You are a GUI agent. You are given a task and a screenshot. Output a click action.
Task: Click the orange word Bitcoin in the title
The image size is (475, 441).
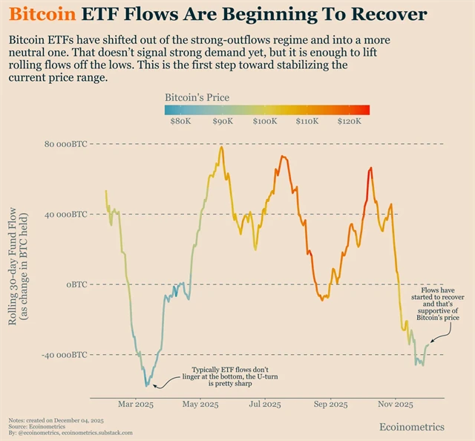tap(44, 14)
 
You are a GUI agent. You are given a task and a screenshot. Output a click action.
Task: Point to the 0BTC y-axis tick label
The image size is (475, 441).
tap(76, 285)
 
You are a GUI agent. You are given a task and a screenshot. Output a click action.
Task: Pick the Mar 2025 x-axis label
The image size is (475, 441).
tap(134, 405)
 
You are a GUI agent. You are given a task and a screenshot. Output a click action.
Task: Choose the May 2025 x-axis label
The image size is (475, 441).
tap(200, 405)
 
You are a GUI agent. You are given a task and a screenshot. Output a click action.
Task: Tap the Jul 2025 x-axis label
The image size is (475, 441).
tap(265, 405)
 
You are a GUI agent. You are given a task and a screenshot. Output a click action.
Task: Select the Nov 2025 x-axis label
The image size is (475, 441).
tap(396, 405)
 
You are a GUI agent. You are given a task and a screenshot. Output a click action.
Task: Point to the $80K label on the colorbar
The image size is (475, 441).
tap(180, 121)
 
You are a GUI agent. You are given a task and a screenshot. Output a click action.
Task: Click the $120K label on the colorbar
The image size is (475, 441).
tap(349, 121)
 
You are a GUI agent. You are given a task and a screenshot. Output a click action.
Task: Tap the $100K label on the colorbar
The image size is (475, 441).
tap(265, 121)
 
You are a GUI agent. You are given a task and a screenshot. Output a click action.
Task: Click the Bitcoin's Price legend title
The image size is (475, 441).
tap(197, 97)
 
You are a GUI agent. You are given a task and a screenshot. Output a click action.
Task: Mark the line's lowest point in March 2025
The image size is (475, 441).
tap(146, 386)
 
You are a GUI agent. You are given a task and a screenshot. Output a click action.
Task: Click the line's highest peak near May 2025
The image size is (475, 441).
tap(221, 147)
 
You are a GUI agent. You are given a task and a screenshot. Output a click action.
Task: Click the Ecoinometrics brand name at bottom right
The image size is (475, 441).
tap(412, 427)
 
